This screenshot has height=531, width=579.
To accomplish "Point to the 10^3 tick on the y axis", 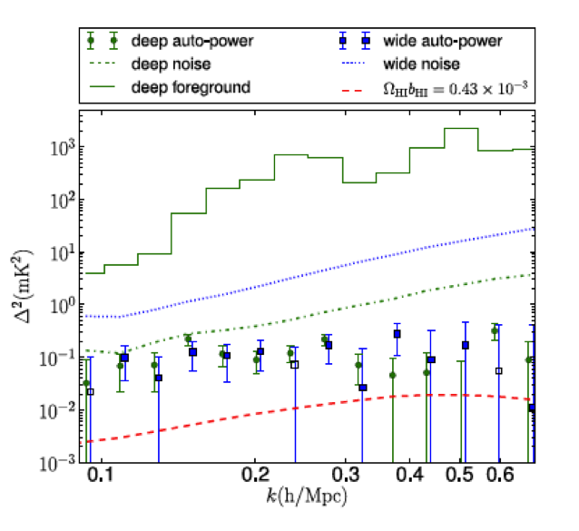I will [x=64, y=147].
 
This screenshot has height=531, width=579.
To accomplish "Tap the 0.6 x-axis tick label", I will [x=500, y=476].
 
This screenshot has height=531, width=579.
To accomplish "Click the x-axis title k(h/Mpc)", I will [x=308, y=497].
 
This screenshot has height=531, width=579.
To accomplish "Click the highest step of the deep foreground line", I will [x=461, y=129].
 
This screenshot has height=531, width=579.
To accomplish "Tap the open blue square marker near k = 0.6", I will [x=498, y=370].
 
